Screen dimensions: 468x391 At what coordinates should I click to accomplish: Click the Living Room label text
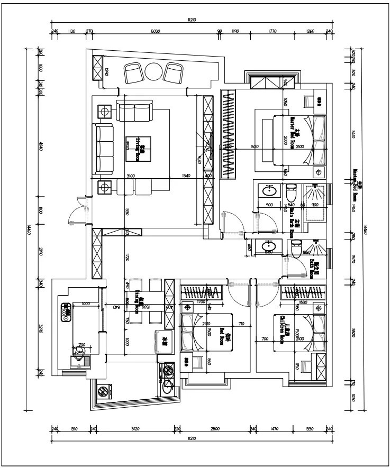click(x=140, y=148)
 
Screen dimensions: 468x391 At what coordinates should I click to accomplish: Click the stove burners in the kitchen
click(x=66, y=312)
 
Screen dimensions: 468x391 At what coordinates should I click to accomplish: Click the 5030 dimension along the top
click(x=156, y=31)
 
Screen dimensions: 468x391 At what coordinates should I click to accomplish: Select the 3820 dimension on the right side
click(x=353, y=333)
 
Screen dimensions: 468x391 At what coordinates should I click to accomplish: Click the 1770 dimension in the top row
click(x=272, y=31)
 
